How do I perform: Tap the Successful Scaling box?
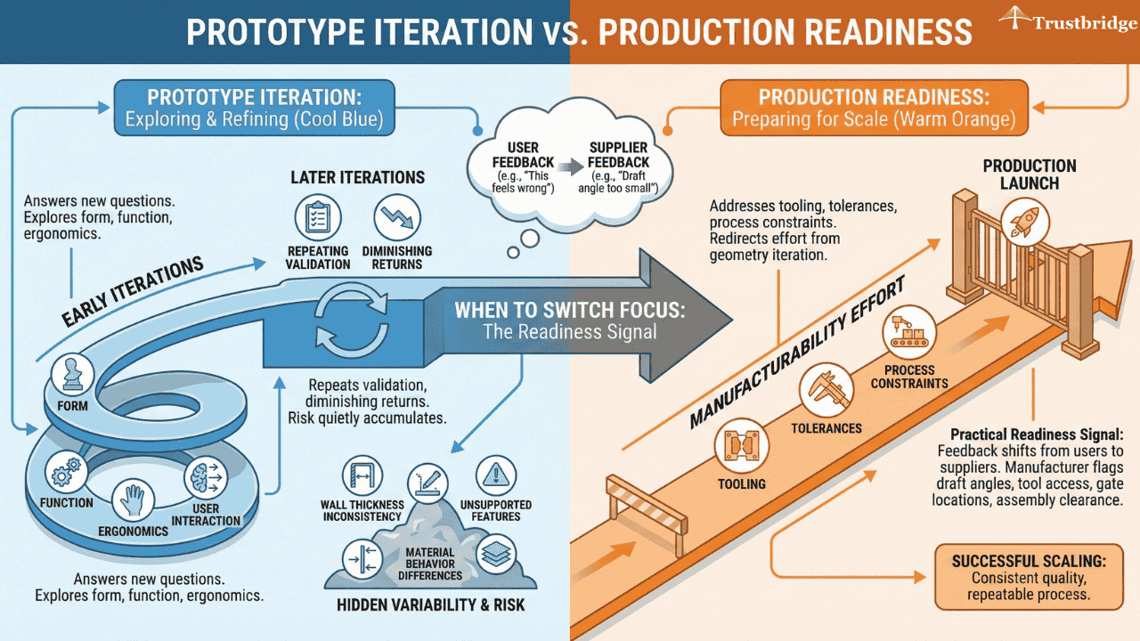[1028, 576]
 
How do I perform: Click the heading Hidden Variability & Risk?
[430, 605]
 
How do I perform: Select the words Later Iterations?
[357, 177]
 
